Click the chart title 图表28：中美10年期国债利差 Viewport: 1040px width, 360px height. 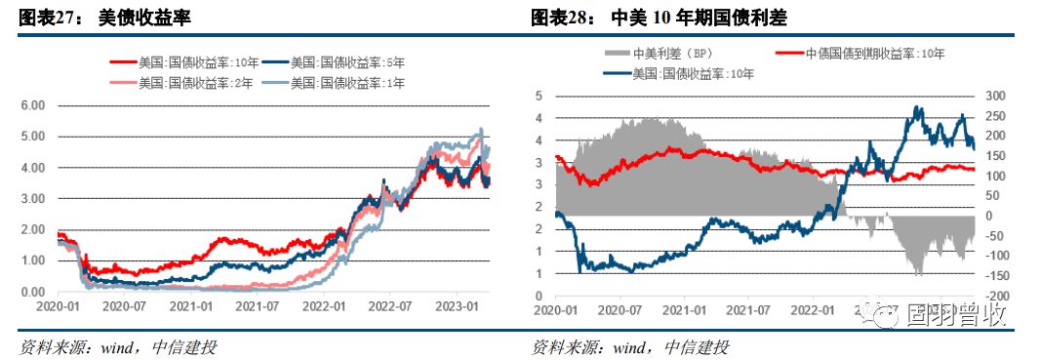659,18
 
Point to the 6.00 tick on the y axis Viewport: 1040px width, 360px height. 33,105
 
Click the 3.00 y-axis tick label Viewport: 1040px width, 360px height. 33,199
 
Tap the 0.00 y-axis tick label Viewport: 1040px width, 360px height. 33,293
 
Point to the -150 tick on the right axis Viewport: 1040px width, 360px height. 993,275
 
